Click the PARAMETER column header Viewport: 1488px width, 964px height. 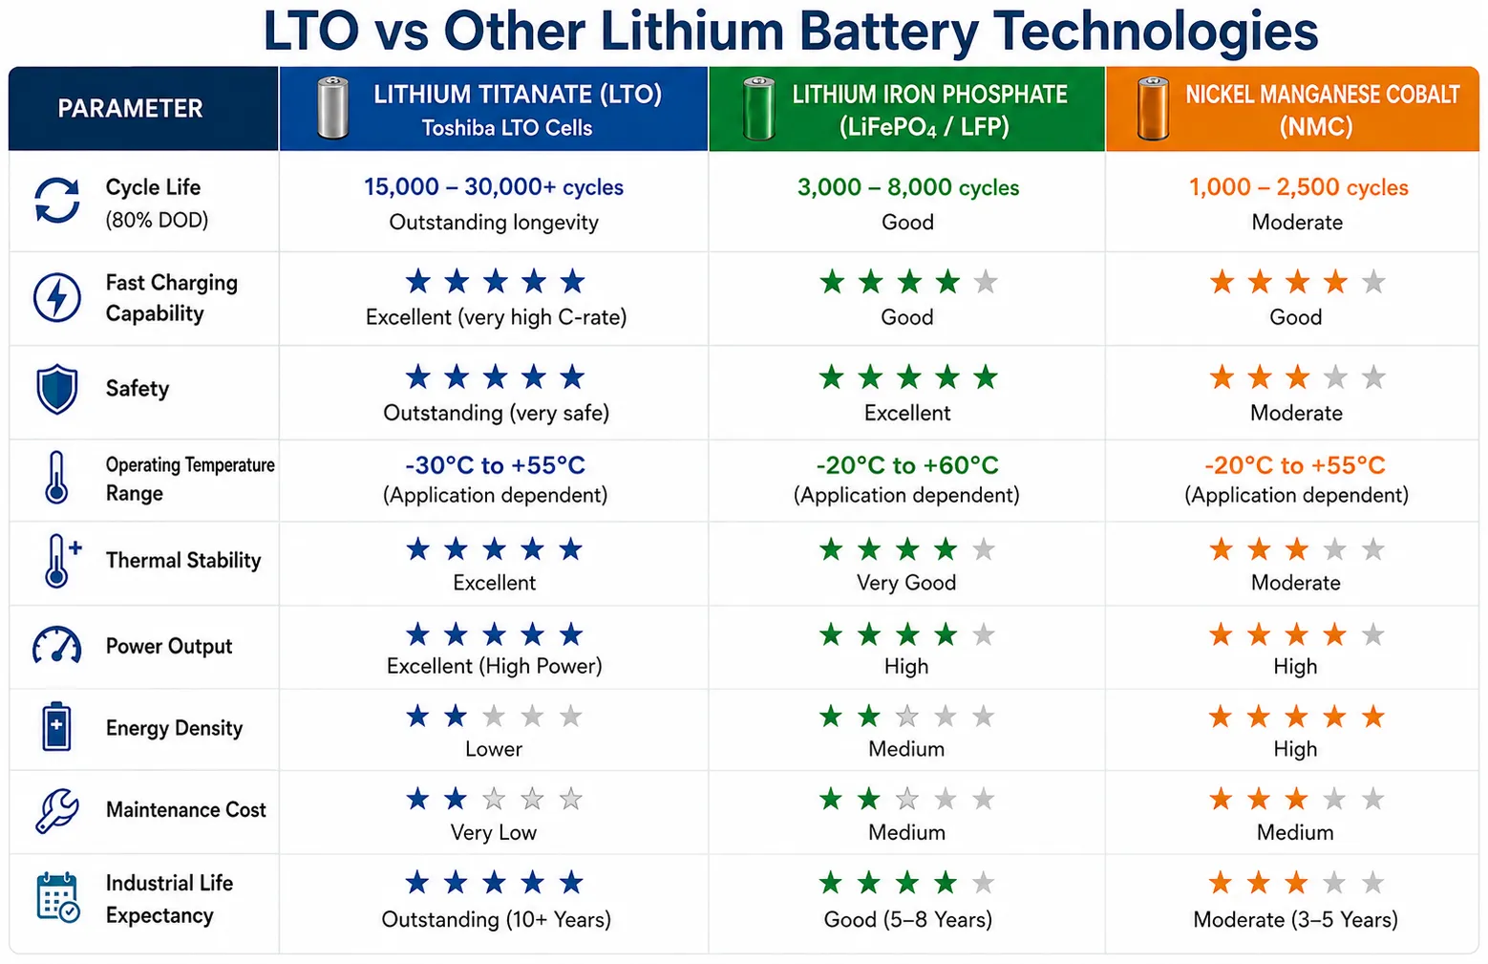(130, 108)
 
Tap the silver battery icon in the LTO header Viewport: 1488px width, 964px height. (332, 108)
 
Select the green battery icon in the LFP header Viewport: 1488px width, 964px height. (758, 108)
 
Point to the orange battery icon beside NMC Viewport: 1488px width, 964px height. (1153, 108)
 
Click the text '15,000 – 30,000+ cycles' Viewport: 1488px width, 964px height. (494, 187)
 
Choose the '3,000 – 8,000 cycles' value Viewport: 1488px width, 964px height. (908, 187)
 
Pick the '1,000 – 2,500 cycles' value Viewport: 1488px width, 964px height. (1298, 187)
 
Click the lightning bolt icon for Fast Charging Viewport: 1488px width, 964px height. (57, 297)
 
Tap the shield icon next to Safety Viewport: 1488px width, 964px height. (57, 389)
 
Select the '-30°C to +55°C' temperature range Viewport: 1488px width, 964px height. (496, 465)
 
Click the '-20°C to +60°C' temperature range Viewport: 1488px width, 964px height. (907, 465)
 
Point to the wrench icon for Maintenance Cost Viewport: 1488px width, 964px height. (57, 810)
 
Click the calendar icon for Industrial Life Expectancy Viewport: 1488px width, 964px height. (58, 897)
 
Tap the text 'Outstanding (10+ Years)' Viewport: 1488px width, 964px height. (497, 919)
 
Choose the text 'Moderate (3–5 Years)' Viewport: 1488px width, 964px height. (1295, 919)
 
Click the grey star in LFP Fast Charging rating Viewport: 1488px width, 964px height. (986, 283)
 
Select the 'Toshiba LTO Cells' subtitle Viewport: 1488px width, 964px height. (507, 128)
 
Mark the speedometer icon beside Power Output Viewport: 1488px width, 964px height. (57, 645)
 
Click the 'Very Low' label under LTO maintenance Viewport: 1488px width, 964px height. (494, 832)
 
